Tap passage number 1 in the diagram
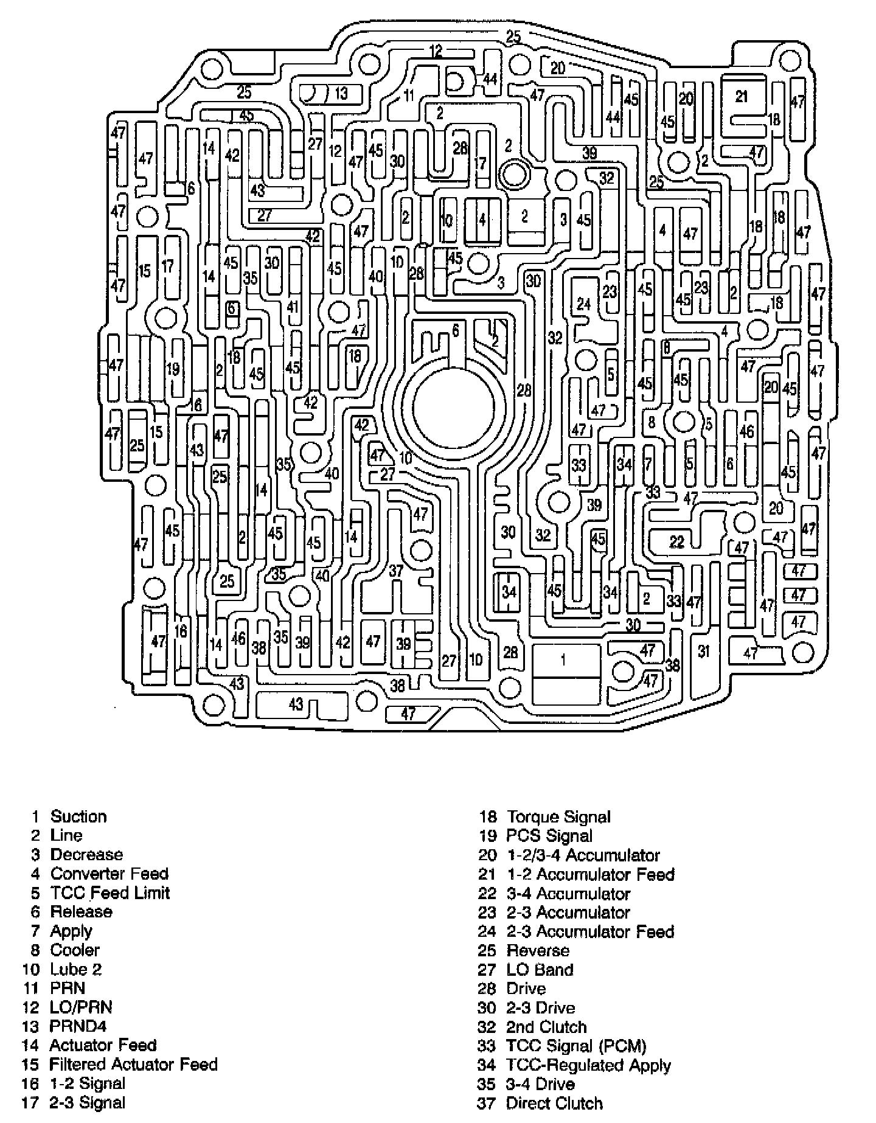564,659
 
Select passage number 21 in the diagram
740,96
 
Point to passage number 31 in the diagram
704,652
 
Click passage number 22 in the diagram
676,541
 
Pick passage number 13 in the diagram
341,93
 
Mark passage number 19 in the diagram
173,369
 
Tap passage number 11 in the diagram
408,95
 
